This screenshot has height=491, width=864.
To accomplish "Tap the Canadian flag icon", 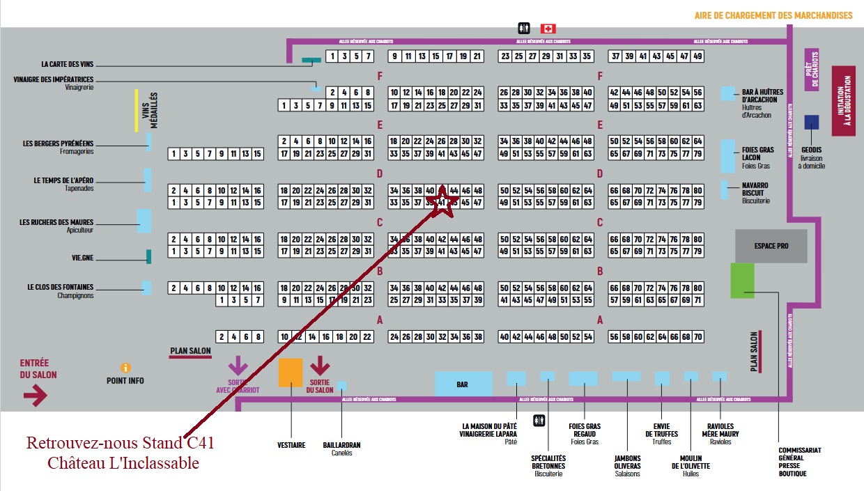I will click(x=548, y=29).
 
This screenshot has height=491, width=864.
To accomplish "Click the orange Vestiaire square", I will click(x=291, y=372).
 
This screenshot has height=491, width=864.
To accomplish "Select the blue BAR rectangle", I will click(x=463, y=384).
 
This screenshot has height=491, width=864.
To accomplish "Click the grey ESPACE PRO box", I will click(x=771, y=245).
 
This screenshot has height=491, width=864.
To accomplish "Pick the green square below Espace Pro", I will click(x=742, y=281).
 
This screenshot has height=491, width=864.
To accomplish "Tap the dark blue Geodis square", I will click(x=811, y=123).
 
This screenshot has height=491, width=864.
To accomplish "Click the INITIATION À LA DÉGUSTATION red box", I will click(x=843, y=101).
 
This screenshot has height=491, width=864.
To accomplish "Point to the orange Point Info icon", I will click(x=125, y=367).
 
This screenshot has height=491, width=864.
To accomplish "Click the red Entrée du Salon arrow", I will click(x=36, y=396).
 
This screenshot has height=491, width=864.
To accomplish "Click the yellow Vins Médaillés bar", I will click(x=137, y=110).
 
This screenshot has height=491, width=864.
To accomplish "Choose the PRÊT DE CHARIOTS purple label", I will click(x=811, y=70).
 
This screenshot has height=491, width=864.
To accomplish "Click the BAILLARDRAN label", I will click(x=342, y=445).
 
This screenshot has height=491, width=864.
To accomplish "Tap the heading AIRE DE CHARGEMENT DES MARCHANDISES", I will click(x=773, y=15).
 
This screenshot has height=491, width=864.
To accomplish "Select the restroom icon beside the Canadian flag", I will click(x=524, y=29).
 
